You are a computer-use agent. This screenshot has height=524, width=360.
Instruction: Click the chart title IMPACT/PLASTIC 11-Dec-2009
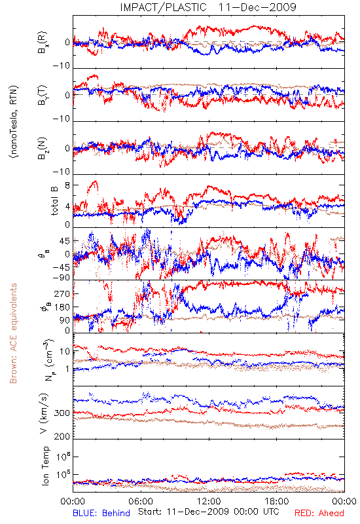[208, 7]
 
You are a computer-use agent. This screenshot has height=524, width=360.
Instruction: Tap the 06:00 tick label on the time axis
[141, 502]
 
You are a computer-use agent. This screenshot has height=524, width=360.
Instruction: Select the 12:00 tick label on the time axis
[209, 502]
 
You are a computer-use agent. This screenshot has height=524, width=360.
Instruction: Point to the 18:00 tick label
[277, 502]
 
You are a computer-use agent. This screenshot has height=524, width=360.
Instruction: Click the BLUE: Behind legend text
[101, 513]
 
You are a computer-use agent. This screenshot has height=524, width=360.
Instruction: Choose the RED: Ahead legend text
[319, 513]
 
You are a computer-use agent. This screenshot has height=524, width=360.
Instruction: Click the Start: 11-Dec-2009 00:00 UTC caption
[209, 512]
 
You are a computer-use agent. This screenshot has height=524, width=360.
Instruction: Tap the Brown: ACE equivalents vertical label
[13, 333]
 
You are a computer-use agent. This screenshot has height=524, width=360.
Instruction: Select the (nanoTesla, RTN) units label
[14, 122]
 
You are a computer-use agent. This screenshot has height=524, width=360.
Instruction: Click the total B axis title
[54, 200]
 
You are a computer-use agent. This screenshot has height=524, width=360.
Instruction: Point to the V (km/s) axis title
[44, 414]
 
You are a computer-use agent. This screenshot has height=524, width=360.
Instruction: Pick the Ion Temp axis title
[45, 466]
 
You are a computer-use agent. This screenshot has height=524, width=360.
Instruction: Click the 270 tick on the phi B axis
[62, 293]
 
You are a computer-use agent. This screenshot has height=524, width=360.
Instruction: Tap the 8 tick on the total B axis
[67, 185]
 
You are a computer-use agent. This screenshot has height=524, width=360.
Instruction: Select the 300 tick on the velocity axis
[62, 413]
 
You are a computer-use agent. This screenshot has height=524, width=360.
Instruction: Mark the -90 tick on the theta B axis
[61, 278]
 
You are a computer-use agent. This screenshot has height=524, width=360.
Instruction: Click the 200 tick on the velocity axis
[62, 436]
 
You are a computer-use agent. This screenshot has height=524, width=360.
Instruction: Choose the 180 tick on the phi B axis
[62, 307]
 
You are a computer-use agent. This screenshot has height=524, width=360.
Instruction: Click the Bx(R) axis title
[43, 43]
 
